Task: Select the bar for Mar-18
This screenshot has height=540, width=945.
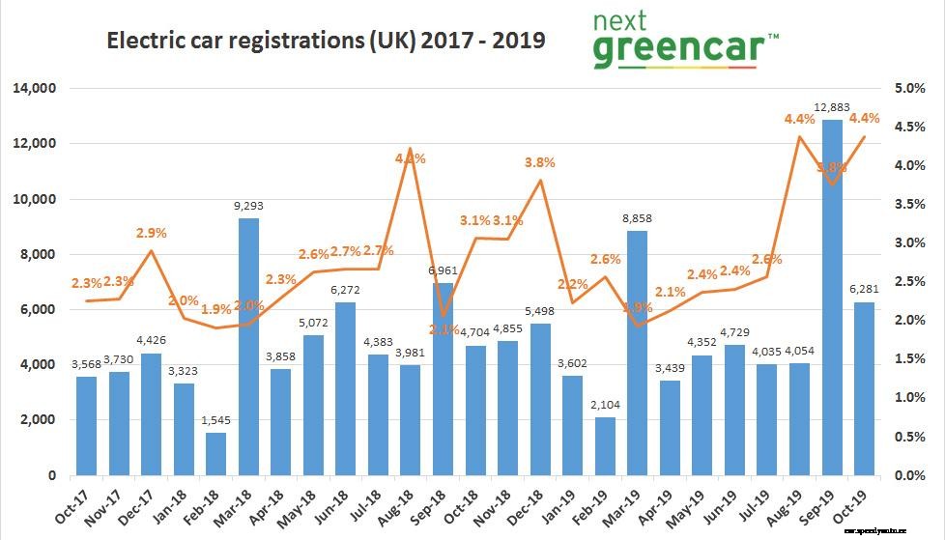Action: [x=248, y=347]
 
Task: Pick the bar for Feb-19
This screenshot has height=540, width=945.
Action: [x=605, y=446]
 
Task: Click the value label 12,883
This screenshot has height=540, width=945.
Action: [x=831, y=107]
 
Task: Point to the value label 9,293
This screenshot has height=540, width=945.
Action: [x=248, y=206]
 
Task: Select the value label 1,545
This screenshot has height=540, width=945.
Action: [x=215, y=420]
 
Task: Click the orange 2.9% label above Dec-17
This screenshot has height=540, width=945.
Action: [x=150, y=233]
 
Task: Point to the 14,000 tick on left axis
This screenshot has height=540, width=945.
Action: [x=34, y=89]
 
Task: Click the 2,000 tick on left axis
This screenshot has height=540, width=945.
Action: [x=38, y=420]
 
